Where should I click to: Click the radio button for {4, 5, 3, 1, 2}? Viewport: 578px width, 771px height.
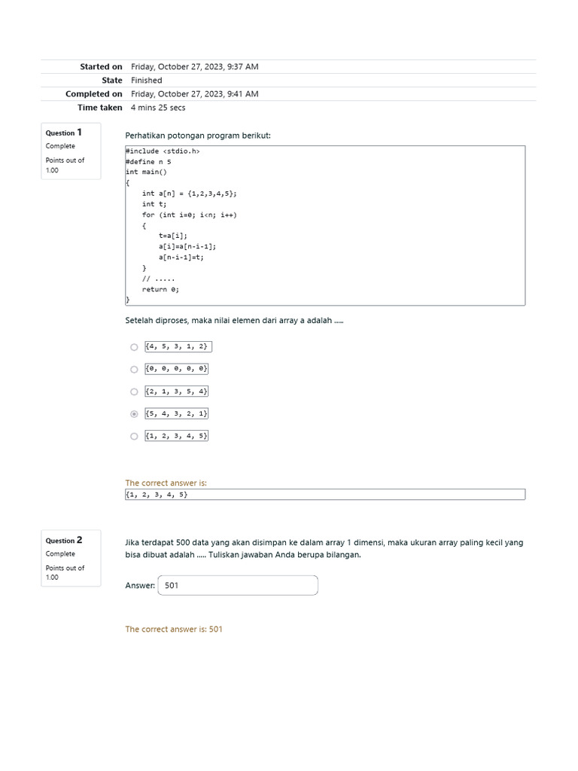tap(134, 347)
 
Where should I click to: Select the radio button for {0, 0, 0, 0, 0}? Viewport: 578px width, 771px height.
tap(134, 370)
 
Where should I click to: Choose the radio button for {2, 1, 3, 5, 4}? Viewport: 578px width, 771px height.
tap(134, 392)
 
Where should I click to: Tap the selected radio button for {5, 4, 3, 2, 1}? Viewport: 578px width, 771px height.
tap(134, 414)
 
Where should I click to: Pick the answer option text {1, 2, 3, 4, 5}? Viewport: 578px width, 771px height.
tap(177, 436)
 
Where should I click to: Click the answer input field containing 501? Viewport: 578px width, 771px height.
tap(238, 586)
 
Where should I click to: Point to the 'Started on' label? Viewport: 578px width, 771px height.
tap(101, 67)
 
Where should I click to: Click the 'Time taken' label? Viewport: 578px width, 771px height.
tap(99, 108)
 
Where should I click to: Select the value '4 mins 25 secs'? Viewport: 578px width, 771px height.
tap(158, 108)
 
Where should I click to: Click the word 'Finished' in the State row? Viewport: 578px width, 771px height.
tap(146, 81)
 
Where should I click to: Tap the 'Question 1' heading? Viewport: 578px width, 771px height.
tap(64, 133)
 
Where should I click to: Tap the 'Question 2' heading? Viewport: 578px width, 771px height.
tap(64, 541)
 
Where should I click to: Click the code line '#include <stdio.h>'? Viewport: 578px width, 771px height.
tap(163, 151)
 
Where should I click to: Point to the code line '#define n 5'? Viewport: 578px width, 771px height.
tap(148, 162)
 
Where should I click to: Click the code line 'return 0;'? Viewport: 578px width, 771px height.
tap(160, 289)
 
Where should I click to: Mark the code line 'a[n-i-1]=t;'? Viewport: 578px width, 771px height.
tap(181, 258)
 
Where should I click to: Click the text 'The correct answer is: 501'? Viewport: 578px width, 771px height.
tap(174, 629)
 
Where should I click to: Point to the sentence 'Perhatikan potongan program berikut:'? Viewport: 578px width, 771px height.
tap(198, 136)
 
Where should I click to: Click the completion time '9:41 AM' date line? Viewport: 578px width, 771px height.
tap(194, 94)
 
